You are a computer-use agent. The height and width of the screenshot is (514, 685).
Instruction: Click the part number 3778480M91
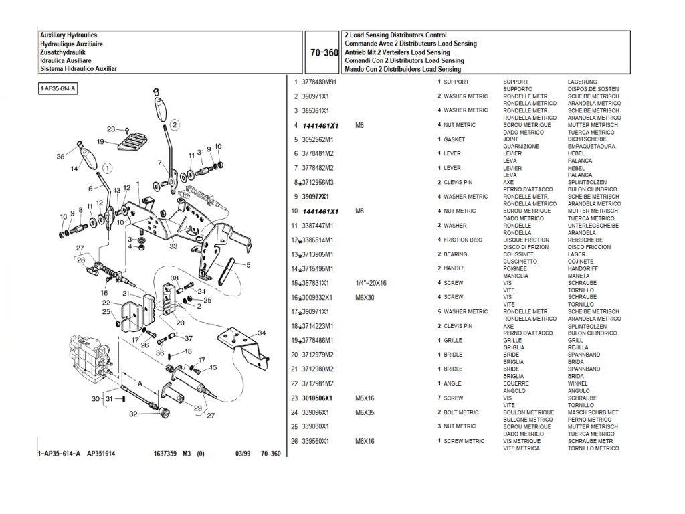320,82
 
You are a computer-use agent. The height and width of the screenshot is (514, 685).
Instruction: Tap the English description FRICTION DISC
463,240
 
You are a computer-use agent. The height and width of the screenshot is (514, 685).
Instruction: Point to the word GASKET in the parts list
454,139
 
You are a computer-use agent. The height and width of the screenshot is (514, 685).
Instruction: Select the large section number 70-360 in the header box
324,52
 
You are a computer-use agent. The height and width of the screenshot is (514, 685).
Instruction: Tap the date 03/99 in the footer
243,454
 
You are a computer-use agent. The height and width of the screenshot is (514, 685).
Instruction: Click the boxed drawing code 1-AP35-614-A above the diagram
58,88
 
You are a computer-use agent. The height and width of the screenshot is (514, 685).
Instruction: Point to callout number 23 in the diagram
110,128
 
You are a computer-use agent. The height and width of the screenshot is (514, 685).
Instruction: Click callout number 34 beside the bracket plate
261,333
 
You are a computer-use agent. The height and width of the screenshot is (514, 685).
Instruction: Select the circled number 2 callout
173,124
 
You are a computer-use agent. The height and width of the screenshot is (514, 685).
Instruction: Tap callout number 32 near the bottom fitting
133,414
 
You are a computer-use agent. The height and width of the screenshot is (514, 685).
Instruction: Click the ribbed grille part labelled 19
131,141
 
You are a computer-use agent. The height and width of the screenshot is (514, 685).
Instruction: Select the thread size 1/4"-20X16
371,283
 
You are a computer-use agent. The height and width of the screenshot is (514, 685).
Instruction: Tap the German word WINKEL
578,383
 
